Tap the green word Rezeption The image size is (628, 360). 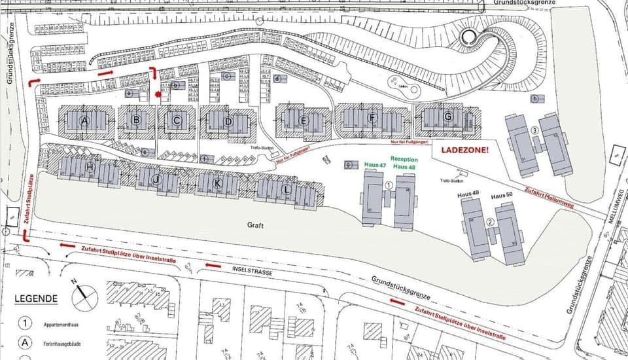point(403,159)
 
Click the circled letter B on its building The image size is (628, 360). point(137,120)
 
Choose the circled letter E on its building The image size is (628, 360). point(304,120)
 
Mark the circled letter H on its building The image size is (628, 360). point(90,168)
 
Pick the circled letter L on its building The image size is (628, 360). point(286,190)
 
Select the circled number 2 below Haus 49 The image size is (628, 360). point(490,221)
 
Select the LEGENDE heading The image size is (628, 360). point(36,298)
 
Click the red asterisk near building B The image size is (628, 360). point(158,95)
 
